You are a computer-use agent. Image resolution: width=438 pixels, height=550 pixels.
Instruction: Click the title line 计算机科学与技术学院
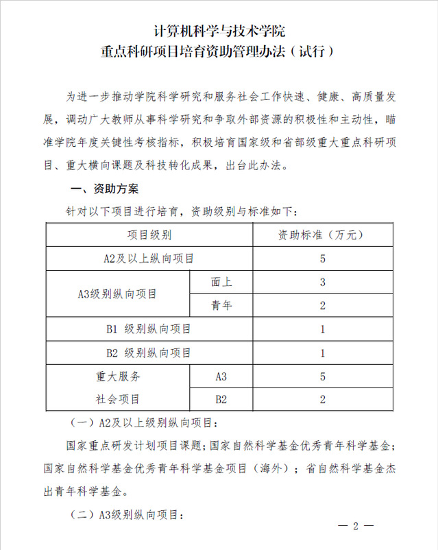coord(219,31)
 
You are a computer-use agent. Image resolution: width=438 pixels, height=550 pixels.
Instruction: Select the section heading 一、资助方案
coord(105,189)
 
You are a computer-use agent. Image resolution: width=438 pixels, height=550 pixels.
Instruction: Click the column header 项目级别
coord(149,235)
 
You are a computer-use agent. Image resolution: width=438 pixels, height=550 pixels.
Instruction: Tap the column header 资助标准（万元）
coord(322,235)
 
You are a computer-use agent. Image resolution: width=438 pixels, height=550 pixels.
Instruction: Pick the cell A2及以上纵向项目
coord(149,259)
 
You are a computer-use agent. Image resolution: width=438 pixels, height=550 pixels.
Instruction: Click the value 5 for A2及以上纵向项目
coord(322,259)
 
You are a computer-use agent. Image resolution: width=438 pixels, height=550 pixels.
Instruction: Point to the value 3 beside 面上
coord(322,282)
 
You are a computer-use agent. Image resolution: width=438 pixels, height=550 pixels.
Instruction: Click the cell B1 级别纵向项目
coord(149,329)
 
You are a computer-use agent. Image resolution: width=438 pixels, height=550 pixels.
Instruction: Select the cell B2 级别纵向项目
coord(149,352)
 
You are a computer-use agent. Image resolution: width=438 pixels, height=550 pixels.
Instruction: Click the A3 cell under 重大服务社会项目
coord(221,376)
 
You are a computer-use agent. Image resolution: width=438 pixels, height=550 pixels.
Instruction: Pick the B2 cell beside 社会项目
coord(221,398)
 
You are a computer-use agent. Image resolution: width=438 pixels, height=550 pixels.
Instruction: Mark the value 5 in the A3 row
coord(322,376)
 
